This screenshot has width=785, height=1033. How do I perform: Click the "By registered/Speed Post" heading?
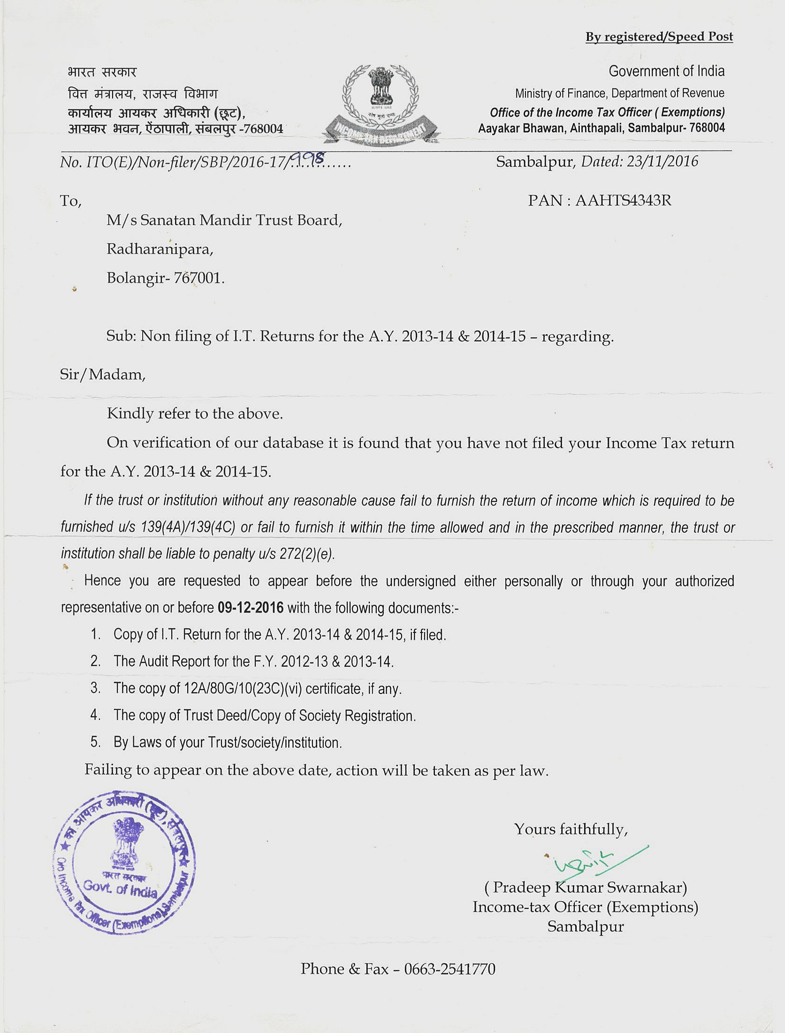pos(659,37)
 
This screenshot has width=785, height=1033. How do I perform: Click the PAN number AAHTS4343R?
pos(623,201)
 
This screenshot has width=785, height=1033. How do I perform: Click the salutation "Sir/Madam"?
pos(103,374)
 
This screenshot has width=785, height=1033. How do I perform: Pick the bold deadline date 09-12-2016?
pos(250,608)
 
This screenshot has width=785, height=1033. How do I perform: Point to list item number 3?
pos(95,688)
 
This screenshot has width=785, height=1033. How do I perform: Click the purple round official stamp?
pos(124,863)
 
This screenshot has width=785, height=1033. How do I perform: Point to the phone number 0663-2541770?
pos(449,969)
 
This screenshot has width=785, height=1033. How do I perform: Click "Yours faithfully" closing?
pos(571,829)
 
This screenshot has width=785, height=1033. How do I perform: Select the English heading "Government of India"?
pos(666,71)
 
